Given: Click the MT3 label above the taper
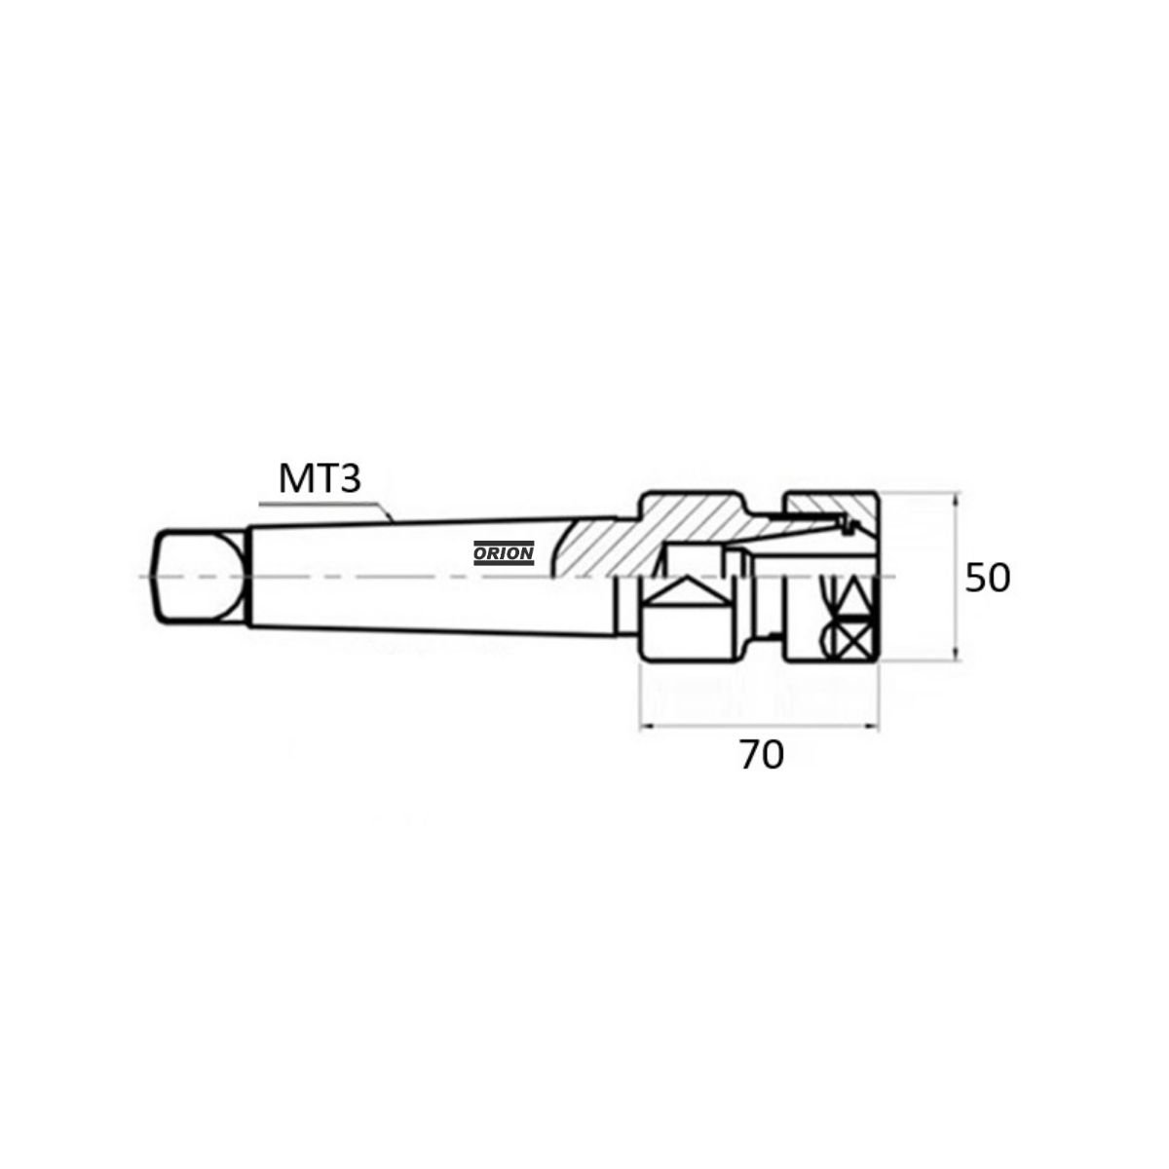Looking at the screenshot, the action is point(320,478).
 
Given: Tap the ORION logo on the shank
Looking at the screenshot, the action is point(504,552).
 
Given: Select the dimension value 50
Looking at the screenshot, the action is point(987,578).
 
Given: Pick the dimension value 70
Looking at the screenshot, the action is point(762,756).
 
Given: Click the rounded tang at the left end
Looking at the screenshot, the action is point(201,575).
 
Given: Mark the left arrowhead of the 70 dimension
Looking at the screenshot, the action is point(648,725).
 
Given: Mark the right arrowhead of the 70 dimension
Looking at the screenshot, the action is point(871,725).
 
